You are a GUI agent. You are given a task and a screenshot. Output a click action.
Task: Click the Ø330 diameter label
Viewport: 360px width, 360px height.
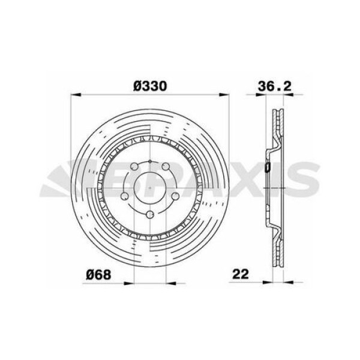[150, 86]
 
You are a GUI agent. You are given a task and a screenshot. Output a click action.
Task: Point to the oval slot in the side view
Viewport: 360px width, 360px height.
[268, 169]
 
